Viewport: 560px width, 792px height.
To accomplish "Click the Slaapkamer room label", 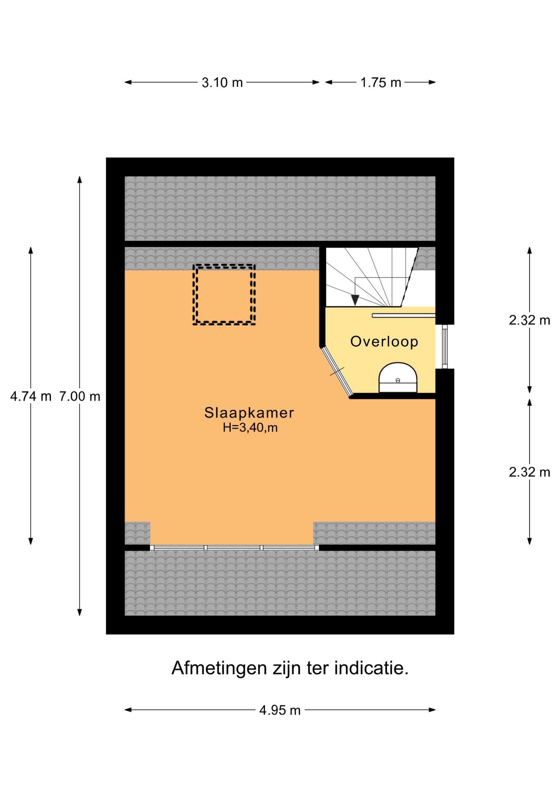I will [x=249, y=413].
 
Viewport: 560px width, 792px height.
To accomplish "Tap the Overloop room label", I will [x=384, y=342].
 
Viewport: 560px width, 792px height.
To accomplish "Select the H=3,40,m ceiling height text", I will [x=250, y=428].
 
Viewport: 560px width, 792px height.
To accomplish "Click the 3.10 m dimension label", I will [x=222, y=82].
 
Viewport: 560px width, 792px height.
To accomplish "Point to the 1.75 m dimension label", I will [x=380, y=82].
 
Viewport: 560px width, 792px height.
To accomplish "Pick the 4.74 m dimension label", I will [x=31, y=396].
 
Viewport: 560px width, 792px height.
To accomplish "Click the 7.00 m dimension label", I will [x=80, y=396].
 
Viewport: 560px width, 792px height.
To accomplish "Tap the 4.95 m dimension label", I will [x=280, y=710].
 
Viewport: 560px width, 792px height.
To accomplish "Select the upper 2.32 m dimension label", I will [x=529, y=320].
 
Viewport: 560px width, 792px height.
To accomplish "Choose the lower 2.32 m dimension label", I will [x=529, y=472].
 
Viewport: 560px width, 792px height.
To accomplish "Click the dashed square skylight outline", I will [x=224, y=295].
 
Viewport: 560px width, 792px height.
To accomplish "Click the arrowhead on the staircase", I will [x=355, y=300].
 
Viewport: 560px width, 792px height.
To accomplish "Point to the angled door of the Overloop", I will [x=337, y=371].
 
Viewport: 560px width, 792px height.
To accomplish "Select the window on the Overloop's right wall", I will [x=445, y=346].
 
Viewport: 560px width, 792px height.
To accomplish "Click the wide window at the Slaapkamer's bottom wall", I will [x=234, y=547].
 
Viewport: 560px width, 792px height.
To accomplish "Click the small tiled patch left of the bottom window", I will [x=137, y=533].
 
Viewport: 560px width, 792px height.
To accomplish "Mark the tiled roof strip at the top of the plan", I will [x=280, y=208].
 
